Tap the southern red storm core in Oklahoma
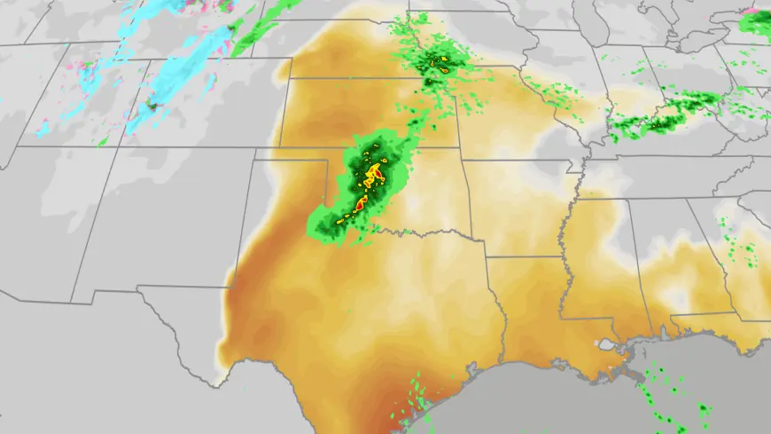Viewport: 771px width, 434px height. coord(361,206)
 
